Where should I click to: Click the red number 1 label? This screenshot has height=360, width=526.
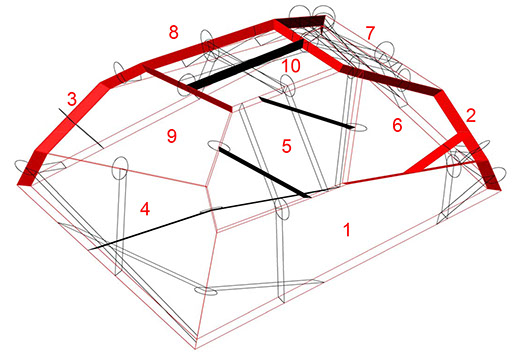(347, 230)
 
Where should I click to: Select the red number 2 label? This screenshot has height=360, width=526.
(471, 115)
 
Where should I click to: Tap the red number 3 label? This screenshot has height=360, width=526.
(72, 99)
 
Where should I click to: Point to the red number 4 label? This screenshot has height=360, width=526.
(145, 209)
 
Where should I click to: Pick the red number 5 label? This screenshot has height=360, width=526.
(286, 146)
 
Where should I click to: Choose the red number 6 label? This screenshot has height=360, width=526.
(397, 125)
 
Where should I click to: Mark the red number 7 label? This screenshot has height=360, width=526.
(370, 33)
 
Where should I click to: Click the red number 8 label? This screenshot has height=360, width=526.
(173, 33)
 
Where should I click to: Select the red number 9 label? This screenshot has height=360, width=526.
(171, 136)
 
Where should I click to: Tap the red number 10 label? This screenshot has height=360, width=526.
(291, 66)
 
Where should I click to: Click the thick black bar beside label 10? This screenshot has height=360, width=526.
(247, 65)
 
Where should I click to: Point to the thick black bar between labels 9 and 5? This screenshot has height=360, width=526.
(264, 172)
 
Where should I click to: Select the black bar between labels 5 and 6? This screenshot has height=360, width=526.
(307, 113)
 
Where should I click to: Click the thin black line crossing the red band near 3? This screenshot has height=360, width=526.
(81, 127)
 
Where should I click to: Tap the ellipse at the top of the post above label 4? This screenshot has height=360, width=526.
(120, 168)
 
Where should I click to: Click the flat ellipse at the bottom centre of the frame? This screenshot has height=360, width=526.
(206, 291)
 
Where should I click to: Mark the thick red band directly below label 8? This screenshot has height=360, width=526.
(208, 42)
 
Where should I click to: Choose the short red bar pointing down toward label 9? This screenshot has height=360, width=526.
(188, 88)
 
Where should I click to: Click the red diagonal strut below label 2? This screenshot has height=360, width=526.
(433, 154)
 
